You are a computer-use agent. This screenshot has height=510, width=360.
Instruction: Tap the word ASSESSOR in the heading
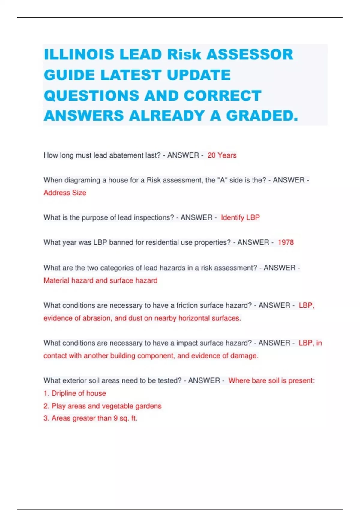point(250,55)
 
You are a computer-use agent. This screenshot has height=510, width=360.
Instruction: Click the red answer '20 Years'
point(222,155)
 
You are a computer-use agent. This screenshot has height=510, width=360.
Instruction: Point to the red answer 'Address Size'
point(65,193)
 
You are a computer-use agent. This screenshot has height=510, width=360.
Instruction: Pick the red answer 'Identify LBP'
point(240,217)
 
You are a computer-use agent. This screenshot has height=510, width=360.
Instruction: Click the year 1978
point(286,242)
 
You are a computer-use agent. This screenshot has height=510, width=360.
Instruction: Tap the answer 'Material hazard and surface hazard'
point(100,280)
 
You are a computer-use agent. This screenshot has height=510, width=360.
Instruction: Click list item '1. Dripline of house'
point(75,393)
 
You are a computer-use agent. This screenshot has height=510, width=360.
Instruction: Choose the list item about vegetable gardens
point(102,406)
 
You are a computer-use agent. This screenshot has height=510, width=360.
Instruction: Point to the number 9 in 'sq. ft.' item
point(115,418)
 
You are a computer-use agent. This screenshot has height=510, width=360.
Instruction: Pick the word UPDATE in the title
point(199,75)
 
